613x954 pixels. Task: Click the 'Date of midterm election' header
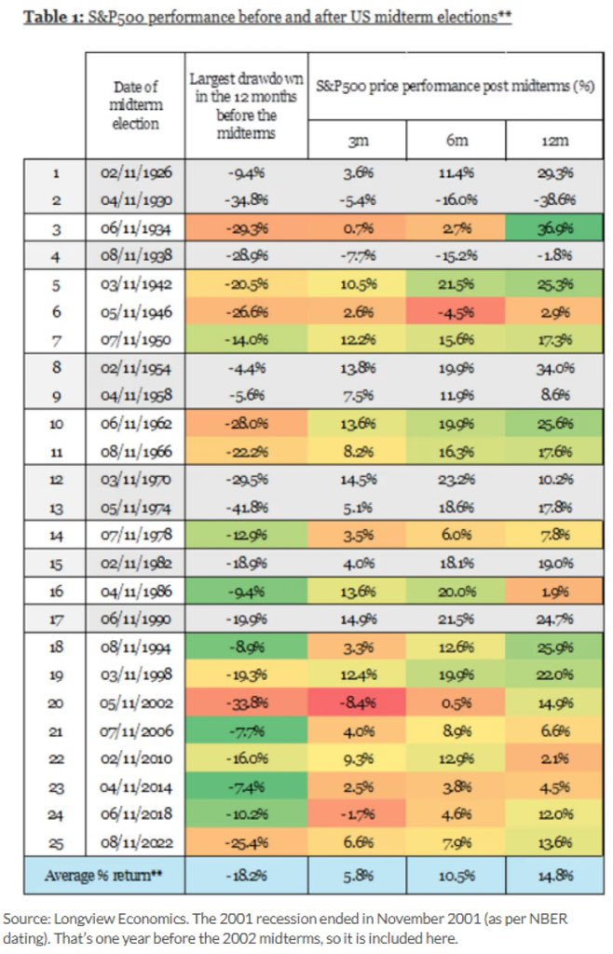[x=135, y=104]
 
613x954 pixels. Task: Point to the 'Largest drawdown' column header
[x=246, y=104]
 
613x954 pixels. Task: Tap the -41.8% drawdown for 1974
[x=246, y=509]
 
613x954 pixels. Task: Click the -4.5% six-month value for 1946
[x=456, y=312]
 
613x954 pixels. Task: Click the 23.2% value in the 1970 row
[x=456, y=481]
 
